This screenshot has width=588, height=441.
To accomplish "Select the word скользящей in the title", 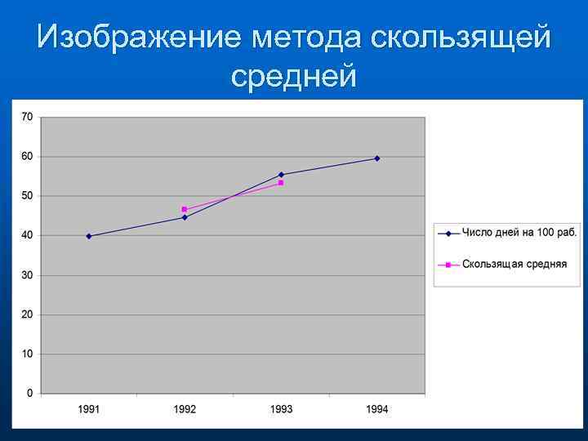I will click(460, 38).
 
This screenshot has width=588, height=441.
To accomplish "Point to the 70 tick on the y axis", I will click(27, 117).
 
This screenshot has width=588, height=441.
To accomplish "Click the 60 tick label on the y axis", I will click(27, 157).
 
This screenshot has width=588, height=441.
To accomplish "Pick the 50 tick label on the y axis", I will click(27, 196).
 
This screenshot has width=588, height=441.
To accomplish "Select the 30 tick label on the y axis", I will click(27, 275).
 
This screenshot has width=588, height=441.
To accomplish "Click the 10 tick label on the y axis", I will click(27, 354).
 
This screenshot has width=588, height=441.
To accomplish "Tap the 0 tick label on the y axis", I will click(30, 394).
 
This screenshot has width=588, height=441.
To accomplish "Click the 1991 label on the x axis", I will click(89, 408).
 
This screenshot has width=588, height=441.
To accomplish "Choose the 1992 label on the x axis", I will click(185, 408).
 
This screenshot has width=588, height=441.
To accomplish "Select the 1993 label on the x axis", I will click(281, 408).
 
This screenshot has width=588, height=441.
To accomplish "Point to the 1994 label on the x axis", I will click(376, 408).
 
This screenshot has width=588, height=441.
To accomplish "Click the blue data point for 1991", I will click(89, 236).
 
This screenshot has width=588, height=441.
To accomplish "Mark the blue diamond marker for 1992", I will click(185, 217).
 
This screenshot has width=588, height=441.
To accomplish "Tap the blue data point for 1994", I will click(376, 158).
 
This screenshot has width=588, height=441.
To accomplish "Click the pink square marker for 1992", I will click(185, 209).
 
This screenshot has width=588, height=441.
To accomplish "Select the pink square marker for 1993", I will click(281, 183).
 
